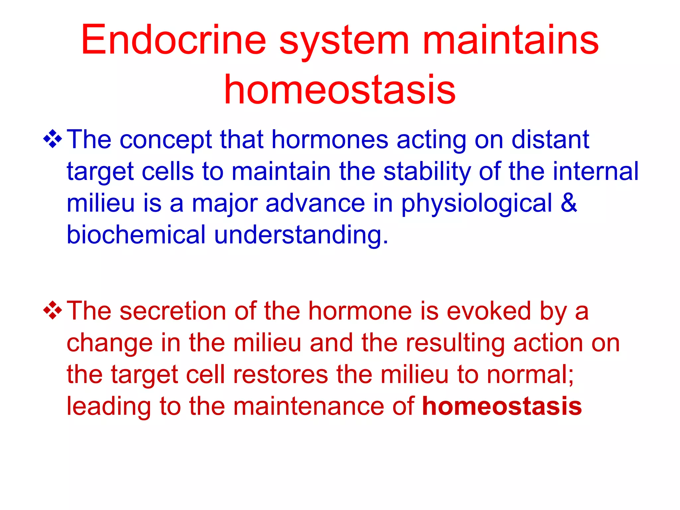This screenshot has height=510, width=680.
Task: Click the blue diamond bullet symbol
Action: (x=52, y=139)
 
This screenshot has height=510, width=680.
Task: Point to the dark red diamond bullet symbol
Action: (x=52, y=310)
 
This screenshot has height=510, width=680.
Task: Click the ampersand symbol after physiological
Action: (x=569, y=203)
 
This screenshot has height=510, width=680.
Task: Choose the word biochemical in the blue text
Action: (x=136, y=234)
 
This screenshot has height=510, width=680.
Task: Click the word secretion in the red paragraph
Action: (x=173, y=311)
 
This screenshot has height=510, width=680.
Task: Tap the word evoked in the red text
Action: (x=489, y=311)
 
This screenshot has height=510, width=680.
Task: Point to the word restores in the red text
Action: (x=281, y=375)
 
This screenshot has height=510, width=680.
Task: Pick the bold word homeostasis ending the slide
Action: (x=502, y=406)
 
